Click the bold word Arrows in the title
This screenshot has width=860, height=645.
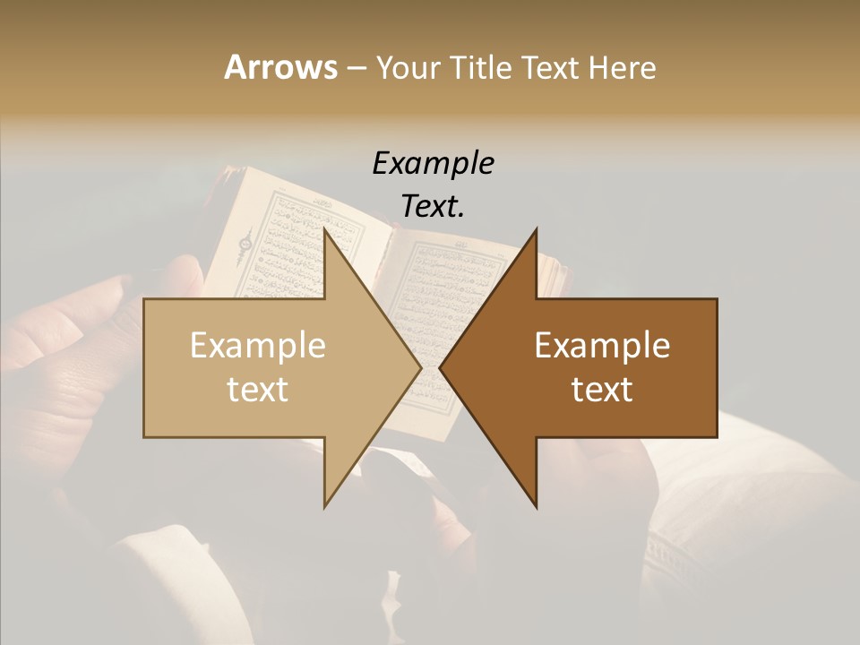pos(279,67)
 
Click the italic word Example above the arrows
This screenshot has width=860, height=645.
pos(433,163)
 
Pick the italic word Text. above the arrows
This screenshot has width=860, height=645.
pos(433,206)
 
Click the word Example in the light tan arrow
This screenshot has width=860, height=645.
pos(257,346)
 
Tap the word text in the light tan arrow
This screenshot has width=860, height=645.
pos(257,389)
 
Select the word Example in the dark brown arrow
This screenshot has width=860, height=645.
pos(602,346)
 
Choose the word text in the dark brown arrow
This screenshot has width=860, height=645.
pos(602,389)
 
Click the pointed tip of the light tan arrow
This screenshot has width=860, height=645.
pos(420,367)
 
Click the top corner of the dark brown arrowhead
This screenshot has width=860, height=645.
pos(536,229)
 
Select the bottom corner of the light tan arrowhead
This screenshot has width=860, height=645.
pos(325,506)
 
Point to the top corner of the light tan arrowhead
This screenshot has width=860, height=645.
pos(325,229)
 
